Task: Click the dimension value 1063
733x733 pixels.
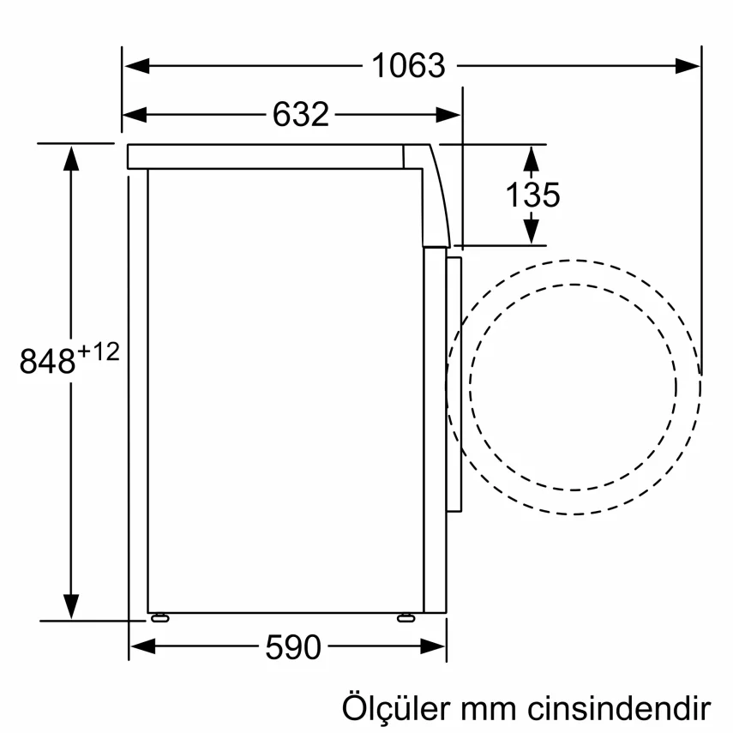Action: (408, 66)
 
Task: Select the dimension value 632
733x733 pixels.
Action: (301, 114)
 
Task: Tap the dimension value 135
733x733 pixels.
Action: (532, 195)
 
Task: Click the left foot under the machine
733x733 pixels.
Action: (159, 616)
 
